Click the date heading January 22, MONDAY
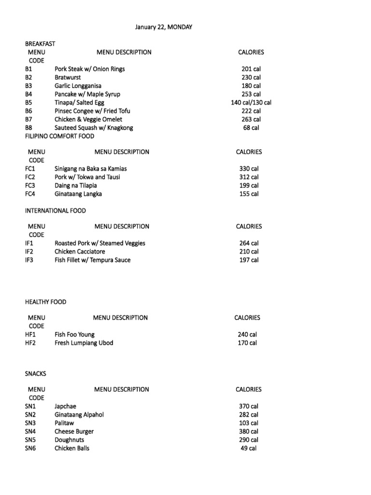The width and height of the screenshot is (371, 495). coord(163,27)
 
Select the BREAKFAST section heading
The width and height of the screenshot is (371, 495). coord(40,44)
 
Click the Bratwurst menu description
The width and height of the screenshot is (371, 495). coord(68,77)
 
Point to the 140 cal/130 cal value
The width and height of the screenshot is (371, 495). coord(251,102)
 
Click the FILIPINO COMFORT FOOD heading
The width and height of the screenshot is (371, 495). coord(60,136)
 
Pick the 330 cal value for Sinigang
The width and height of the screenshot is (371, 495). coord(249,169)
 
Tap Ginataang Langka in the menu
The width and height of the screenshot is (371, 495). coord(78,194)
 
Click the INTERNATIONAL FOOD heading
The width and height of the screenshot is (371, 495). coord(56,211)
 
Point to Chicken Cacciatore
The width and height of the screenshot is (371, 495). coord(80,252)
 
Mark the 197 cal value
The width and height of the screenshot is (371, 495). coord(249,260)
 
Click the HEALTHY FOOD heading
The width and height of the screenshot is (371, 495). coord(46,302)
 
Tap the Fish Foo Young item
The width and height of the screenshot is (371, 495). coord(74,335)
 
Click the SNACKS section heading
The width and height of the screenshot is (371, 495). coord(35,374)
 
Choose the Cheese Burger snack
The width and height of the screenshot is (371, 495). coord(74,432)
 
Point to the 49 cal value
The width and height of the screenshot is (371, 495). coord(249,448)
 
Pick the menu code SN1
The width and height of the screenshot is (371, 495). coord(30,407)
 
